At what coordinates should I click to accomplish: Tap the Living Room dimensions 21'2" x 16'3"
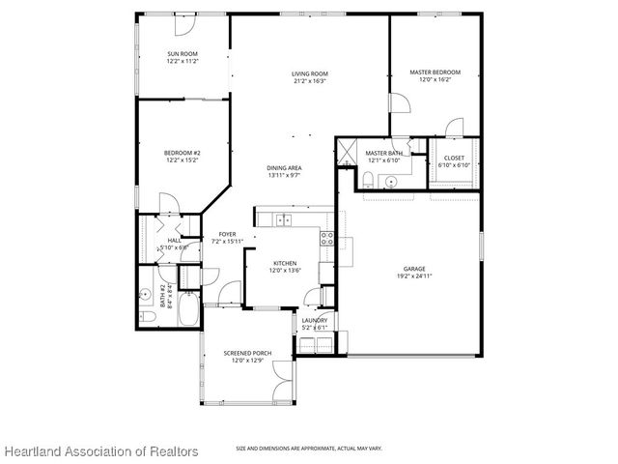[x=310, y=82]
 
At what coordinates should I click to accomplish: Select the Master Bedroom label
[x=435, y=72]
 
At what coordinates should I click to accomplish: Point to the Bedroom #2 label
[x=182, y=153]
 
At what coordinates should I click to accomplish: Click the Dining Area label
[x=285, y=168]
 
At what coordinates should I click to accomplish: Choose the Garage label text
[x=414, y=268]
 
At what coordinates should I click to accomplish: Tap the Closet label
[x=454, y=158]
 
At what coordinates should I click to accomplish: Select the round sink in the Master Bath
[x=391, y=180]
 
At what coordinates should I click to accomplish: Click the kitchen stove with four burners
[x=326, y=239]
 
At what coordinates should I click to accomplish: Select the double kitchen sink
[x=284, y=220]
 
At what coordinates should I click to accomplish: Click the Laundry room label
[x=314, y=320]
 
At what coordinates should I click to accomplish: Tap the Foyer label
[x=227, y=234]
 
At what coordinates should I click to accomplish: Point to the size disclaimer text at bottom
[x=309, y=448]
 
